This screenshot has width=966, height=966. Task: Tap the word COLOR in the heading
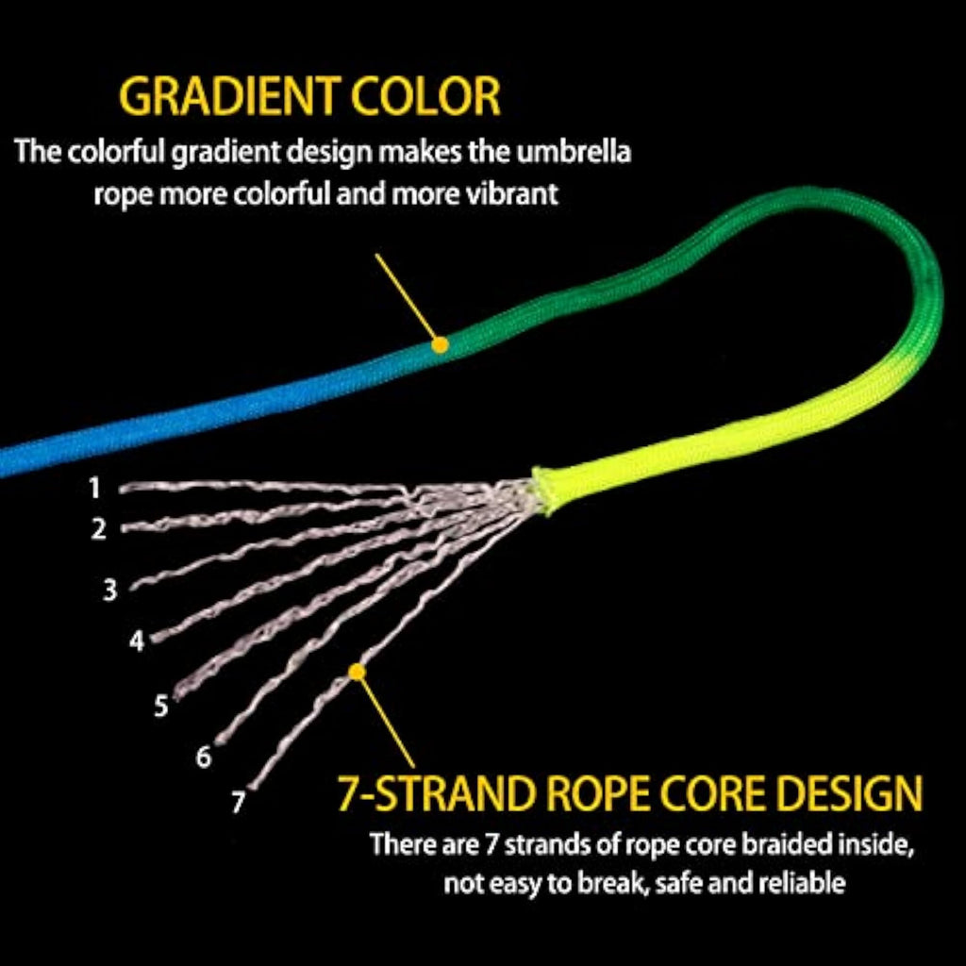click(425, 96)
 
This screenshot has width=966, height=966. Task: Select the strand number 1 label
click(94, 488)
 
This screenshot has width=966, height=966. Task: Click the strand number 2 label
click(98, 528)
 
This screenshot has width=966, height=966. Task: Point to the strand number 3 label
click(109, 590)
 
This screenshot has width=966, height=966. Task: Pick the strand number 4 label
click(136, 641)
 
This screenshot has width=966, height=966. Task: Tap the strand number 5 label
click(160, 706)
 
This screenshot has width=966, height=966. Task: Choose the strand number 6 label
click(204, 756)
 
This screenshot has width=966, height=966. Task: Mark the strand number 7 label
click(239, 802)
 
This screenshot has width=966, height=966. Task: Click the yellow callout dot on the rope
click(440, 345)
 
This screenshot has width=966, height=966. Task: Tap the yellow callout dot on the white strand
click(357, 672)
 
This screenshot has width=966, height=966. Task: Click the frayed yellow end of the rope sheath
click(542, 491)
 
